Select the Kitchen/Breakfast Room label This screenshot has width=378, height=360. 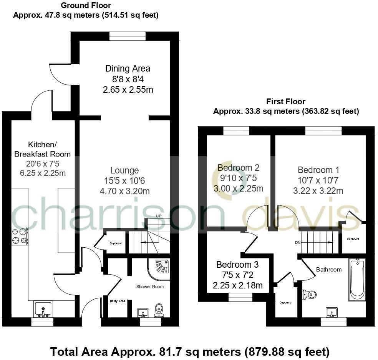coord(42,149)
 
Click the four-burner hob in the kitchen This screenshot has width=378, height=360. coord(20,236)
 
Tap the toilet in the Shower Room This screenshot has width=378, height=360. coord(159,310)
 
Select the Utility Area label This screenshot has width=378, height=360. coord(117,301)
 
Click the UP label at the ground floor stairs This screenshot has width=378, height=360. coord(159,216)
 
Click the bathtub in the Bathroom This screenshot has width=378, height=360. coord(357,279)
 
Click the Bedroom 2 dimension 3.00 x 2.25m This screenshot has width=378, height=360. coord(238,188)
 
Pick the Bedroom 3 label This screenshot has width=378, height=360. coord(237,265)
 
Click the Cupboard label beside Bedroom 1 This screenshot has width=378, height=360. coord(353,239)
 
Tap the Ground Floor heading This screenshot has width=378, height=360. coord(86,6)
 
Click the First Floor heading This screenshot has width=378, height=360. coord(285,102)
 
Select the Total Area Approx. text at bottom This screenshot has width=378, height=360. coord(190,351)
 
